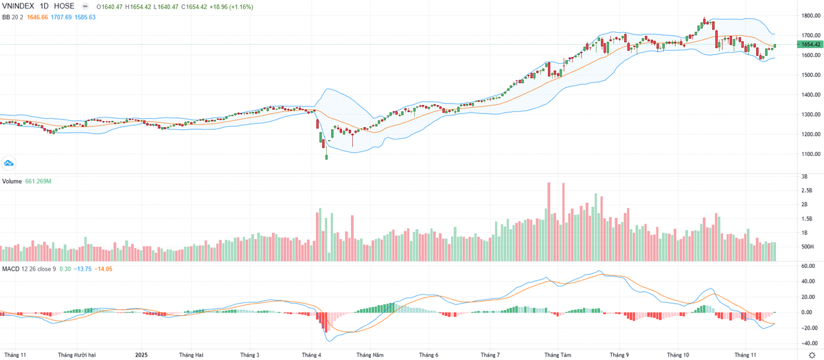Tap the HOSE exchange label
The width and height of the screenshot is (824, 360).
[65, 5]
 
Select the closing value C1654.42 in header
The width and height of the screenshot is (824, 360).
[195, 5]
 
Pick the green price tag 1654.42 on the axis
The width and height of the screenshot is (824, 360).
[809, 45]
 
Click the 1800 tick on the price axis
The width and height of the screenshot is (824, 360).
[808, 15]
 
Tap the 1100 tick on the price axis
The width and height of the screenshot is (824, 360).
[808, 154]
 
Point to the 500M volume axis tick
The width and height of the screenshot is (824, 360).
[808, 247]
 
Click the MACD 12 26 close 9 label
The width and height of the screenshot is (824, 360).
[29, 269]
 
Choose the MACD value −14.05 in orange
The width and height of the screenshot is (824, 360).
[104, 269]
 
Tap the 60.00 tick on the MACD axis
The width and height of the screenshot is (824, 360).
[808, 265]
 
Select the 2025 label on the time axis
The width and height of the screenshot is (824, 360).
[141, 355]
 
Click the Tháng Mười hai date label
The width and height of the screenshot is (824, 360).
[77, 355]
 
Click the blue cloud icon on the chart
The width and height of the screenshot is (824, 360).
[9, 163]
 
